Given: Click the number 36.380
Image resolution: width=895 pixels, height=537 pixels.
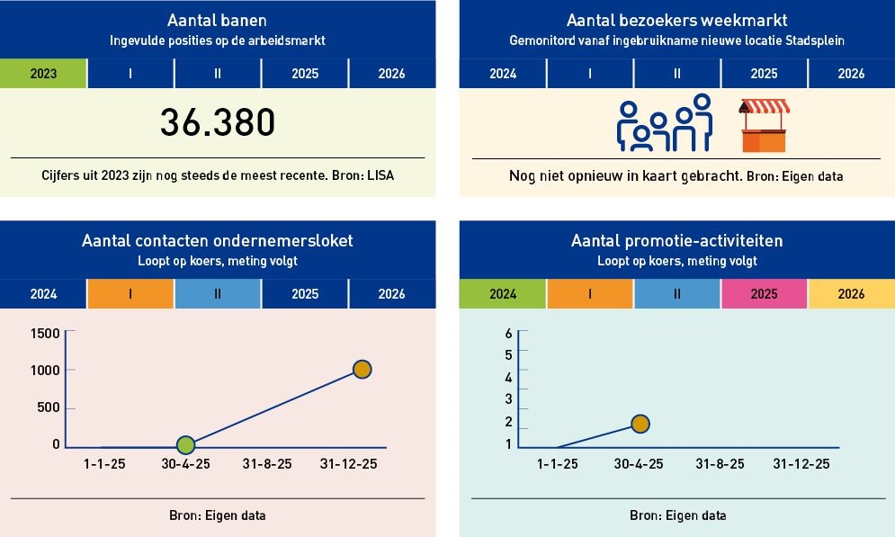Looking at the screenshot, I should pos(217,122).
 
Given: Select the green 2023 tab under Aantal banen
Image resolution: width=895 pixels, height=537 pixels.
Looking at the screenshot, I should pos(43,74).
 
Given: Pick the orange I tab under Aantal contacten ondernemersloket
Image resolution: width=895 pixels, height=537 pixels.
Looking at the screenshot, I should pos(130,294).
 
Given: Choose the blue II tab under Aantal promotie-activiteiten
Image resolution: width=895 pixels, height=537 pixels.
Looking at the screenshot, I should pos(677,294).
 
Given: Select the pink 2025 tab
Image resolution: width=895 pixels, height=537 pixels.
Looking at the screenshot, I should pos(764,294).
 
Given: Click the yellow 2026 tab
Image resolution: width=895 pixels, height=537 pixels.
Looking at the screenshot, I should pos(851,294).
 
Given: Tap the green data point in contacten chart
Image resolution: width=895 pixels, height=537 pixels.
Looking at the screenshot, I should pos(186,444).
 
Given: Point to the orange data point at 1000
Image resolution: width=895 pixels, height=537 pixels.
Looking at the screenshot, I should pos(362,369).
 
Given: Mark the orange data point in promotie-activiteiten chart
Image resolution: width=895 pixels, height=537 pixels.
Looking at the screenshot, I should pos(640,424).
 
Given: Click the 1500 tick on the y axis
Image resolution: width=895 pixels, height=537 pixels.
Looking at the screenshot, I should pos(44,334).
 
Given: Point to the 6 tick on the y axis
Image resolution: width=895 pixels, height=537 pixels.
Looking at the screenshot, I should pos(508,334).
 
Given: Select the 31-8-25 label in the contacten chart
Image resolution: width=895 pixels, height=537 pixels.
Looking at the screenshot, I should pos(267,464).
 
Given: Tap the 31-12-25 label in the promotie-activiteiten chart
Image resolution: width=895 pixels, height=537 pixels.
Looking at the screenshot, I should pos(801,464).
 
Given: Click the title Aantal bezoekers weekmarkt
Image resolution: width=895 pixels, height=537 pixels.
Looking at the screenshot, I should pos(676,21).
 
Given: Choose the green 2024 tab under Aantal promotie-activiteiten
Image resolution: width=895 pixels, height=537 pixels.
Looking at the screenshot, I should pos(503,294).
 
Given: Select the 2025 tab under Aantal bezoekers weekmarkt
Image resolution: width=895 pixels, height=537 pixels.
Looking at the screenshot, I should pos(764,74).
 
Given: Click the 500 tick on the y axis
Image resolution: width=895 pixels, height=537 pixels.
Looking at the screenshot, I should pos(49,407).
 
